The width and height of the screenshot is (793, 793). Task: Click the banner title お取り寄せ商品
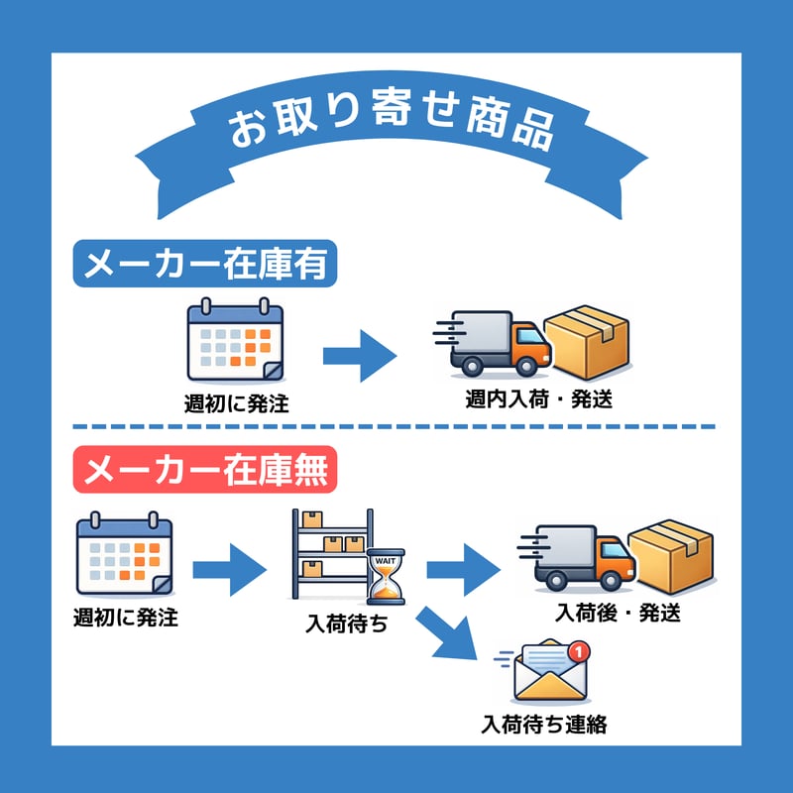(x=392, y=127)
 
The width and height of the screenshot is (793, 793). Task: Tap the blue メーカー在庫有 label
(x=206, y=264)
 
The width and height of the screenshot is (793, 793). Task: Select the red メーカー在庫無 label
(x=206, y=470)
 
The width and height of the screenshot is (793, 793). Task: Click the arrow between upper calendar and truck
(x=358, y=354)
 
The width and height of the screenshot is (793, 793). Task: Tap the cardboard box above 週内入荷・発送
(x=591, y=340)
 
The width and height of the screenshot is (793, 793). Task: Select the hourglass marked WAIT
(x=387, y=577)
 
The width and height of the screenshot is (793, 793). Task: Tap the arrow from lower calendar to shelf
(x=229, y=569)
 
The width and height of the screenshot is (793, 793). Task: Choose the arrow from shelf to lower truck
(x=463, y=569)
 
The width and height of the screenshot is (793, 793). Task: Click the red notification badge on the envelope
(x=581, y=651)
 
